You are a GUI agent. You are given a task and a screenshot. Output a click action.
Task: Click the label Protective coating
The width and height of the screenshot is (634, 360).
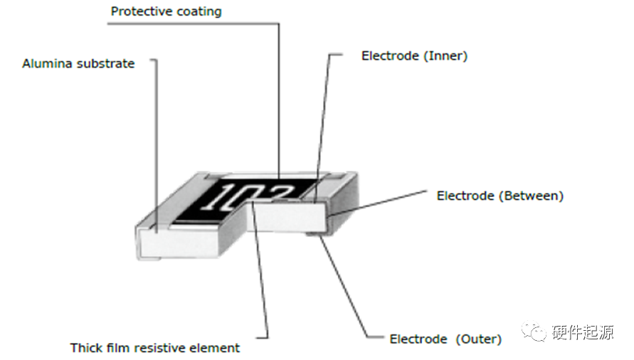tap(166, 12)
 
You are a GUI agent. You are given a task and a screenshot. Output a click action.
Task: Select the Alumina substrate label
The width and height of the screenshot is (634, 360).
tap(78, 64)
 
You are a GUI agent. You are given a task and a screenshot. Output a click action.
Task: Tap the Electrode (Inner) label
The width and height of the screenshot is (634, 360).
tap(414, 55)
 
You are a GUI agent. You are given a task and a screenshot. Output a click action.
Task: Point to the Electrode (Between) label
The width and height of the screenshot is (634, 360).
tap(500, 196)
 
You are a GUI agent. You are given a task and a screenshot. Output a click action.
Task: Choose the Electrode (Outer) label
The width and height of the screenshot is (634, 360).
tap(445, 339)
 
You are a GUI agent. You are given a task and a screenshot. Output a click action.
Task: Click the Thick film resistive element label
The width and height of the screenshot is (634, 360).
tap(155, 348)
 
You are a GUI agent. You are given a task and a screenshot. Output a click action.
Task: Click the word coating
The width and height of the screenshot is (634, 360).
tap(196, 12)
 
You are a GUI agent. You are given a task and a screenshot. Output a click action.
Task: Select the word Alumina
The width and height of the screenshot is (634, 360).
tap(47, 64)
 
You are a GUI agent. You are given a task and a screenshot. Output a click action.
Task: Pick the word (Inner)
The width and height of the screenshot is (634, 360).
tap(445, 55)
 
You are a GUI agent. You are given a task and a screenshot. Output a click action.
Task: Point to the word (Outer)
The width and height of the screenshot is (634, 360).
tap(479, 339)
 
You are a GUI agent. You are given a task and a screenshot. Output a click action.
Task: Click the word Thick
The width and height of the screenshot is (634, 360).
tap(85, 348)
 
